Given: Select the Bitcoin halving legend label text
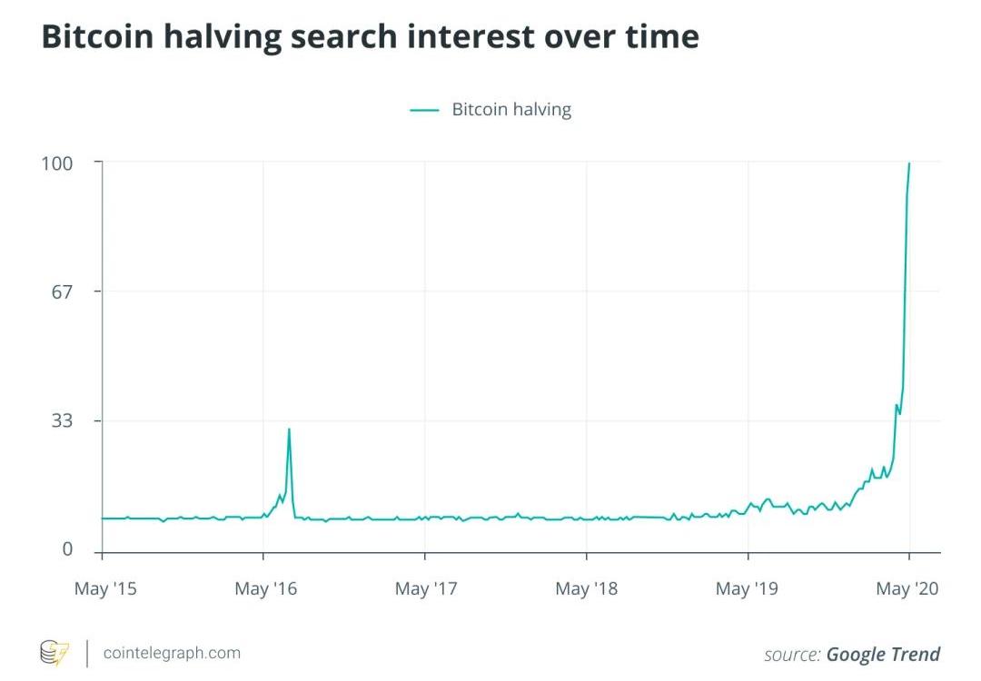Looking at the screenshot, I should tap(511, 110).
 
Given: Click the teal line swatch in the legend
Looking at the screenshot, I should tap(424, 110).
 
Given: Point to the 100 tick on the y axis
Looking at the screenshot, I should tap(57, 163).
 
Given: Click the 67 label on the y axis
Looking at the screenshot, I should tap(63, 291).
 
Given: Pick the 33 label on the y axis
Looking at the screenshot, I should tap(63, 420).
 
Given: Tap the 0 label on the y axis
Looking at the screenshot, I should tap(67, 549).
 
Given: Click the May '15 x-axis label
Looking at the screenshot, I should tap(105, 589).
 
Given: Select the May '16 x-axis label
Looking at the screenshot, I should tap(265, 589).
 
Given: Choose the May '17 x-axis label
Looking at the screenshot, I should tap(426, 589).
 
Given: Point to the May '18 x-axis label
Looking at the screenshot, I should tap(586, 589).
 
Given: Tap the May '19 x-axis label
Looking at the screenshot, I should tap(747, 589).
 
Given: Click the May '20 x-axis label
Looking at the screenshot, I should tap(907, 589).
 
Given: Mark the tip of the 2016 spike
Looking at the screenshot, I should tap(289, 429).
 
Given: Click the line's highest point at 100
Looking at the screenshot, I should tap(909, 163).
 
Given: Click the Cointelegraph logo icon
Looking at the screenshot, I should tap(54, 652).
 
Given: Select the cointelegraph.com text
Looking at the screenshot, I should tap(172, 653).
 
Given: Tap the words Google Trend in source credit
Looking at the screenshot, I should tap(883, 654).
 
